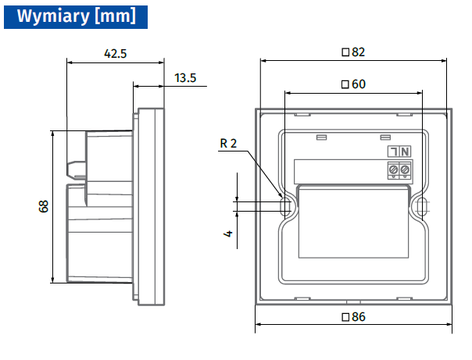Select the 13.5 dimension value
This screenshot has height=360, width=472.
coord(185,77)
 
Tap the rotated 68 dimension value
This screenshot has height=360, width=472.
coord(44,207)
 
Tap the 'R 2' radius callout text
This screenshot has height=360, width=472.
coord(227,143)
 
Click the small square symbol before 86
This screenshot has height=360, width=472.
coord(346,316)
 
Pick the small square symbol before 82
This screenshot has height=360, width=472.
coord(346,52)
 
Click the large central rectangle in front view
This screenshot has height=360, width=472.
coord(353,223)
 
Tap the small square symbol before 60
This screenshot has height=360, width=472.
coord(346,84)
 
